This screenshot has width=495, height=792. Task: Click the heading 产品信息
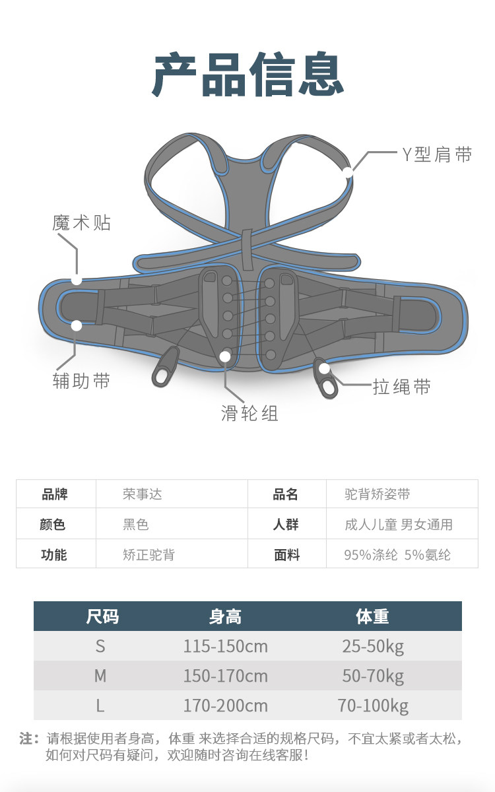click(248, 77)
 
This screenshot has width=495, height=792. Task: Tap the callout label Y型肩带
click(437, 155)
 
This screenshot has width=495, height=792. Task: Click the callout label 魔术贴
click(82, 223)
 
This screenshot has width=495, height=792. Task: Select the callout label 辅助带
click(81, 381)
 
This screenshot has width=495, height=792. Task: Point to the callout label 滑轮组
click(249, 413)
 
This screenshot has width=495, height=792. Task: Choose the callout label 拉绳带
click(402, 387)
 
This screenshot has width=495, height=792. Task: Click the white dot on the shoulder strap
click(348, 173)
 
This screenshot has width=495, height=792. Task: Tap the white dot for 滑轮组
click(225, 356)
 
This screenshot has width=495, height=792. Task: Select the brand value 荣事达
click(142, 494)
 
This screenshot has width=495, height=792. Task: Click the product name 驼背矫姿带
click(378, 494)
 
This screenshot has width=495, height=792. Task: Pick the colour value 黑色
click(136, 525)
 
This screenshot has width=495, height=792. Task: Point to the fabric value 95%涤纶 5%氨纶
click(397, 555)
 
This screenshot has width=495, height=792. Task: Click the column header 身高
click(225, 616)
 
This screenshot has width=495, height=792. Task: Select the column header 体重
click(372, 616)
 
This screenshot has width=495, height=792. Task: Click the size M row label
click(100, 676)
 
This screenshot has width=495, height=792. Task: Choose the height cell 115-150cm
click(225, 646)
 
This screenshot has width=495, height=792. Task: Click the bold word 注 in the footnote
click(26, 739)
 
